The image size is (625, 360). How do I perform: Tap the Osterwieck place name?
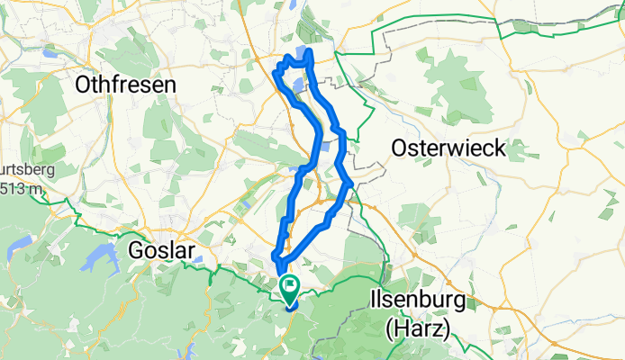pyautogui.click(x=448, y=148)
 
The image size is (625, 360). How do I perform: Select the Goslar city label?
pyautogui.click(x=162, y=249)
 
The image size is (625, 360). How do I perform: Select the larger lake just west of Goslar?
pyautogui.click(x=96, y=259)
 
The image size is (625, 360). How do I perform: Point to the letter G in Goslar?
pyautogui.click(x=138, y=249)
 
